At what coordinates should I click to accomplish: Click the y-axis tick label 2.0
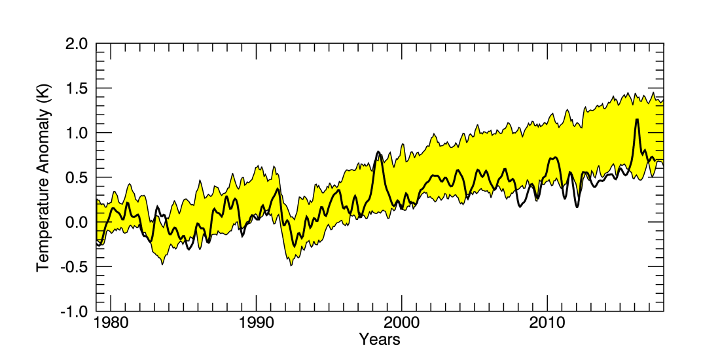pos(77,44)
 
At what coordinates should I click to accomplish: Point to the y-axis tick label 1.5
pos(77,88)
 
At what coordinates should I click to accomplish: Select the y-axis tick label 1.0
pos(77,133)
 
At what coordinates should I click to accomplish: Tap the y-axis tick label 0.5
pos(77,177)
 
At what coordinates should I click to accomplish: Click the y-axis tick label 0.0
pos(77,222)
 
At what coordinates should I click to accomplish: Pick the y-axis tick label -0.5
pos(75,266)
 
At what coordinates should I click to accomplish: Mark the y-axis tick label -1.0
pos(75,311)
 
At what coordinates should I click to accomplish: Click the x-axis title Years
pos(380,340)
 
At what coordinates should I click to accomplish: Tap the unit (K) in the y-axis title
pos(43,104)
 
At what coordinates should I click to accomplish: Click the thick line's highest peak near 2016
pos(636,119)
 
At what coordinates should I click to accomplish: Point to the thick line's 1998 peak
pos(379,152)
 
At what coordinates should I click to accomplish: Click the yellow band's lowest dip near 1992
pos(291,265)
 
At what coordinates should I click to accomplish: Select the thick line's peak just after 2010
pos(555,158)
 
